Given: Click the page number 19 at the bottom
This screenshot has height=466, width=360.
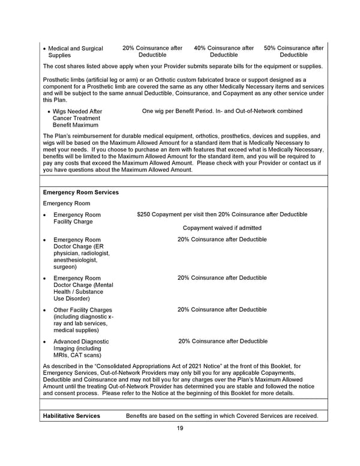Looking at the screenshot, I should click(180, 428).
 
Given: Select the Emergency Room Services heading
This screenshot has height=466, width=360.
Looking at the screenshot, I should click(81, 192).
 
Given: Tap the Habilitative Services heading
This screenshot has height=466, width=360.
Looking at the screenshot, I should click(72, 416).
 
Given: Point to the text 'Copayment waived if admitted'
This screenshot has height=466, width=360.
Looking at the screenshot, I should click(222, 228).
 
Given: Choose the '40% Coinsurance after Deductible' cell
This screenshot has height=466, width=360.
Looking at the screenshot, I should click(224, 52).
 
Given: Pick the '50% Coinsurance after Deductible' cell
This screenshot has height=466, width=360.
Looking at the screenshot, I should click(294, 52).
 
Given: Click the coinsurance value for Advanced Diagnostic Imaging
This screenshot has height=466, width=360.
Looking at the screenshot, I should click(223, 341).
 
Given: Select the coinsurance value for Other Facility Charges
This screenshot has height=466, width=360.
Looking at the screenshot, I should click(222, 310).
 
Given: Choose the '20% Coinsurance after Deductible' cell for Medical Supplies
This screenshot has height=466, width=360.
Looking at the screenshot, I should click(152, 52).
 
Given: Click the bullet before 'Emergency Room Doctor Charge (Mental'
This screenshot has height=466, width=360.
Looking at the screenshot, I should click(46, 279).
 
